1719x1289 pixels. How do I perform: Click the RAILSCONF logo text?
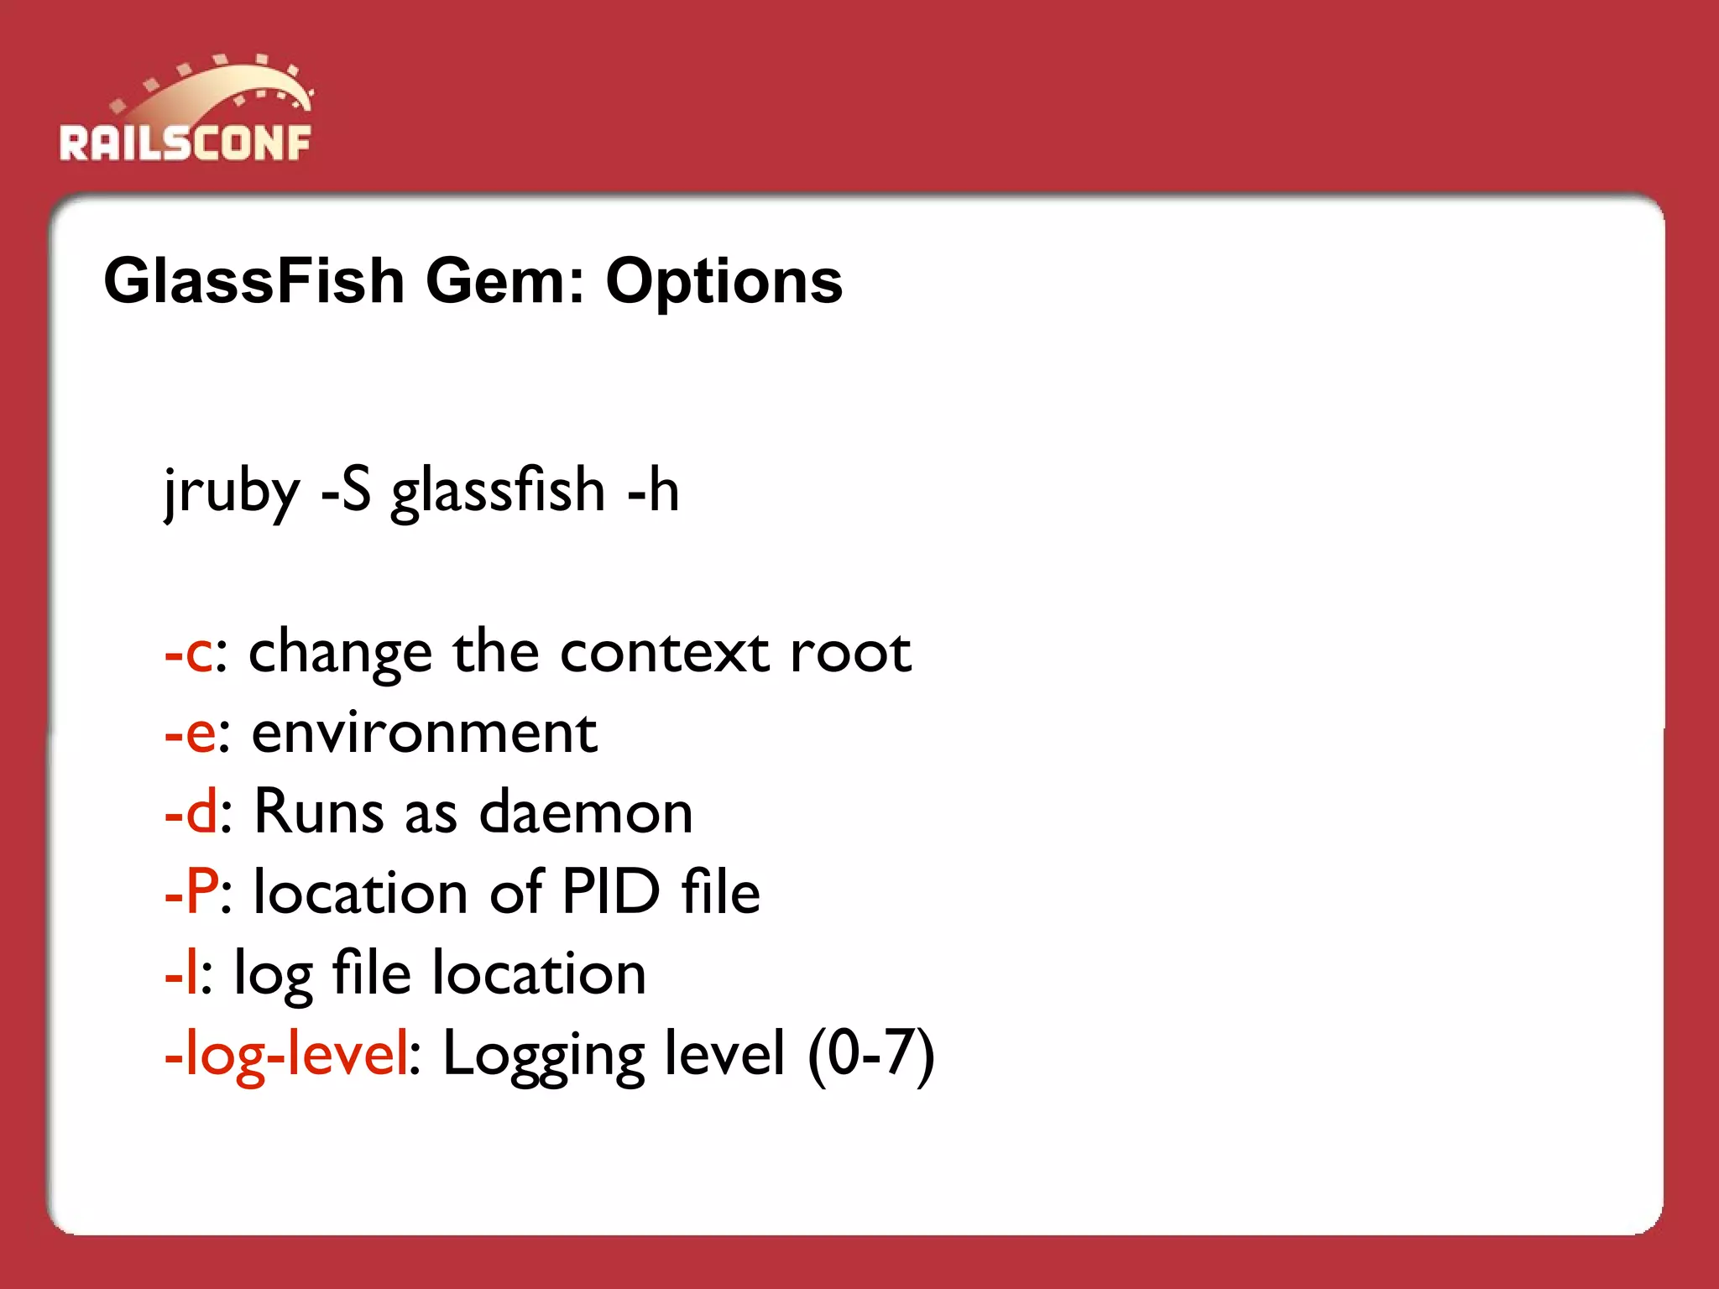click(x=185, y=143)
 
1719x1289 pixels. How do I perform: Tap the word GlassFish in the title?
click(x=254, y=281)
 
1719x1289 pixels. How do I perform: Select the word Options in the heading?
click(x=724, y=283)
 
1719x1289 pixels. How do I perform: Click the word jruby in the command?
click(x=231, y=492)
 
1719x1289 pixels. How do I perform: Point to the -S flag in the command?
click(x=346, y=490)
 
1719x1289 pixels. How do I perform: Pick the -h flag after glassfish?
click(x=653, y=490)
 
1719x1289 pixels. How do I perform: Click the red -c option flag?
click(x=188, y=654)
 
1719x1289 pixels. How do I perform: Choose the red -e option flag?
click(x=190, y=733)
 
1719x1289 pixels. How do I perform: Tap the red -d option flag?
click(x=191, y=812)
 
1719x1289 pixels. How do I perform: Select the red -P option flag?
click(x=191, y=891)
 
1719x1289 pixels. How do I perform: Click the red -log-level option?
click(x=286, y=1053)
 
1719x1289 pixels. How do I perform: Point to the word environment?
click(x=424, y=733)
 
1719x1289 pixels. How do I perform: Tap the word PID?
click(x=611, y=891)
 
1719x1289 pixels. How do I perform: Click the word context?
click(x=664, y=652)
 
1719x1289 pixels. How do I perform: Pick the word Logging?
click(x=543, y=1055)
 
